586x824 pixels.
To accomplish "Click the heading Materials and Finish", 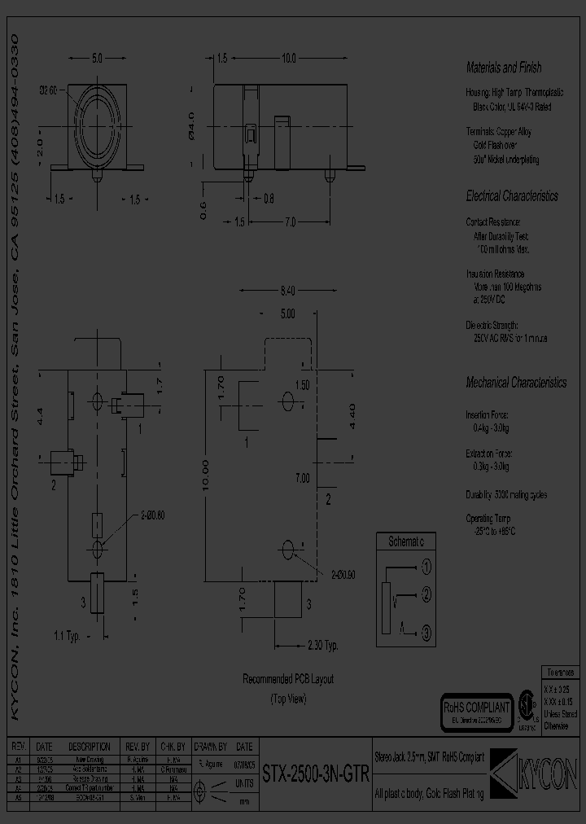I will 503,68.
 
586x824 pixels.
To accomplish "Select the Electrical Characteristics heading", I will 511,196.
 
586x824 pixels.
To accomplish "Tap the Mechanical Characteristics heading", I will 515,382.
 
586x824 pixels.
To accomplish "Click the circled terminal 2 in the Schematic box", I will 426,598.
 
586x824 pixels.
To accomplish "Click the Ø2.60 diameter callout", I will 48,90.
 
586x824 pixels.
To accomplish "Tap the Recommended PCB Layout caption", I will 288,679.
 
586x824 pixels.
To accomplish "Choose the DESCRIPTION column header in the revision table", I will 90,746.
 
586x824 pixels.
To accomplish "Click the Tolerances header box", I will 560,673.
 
